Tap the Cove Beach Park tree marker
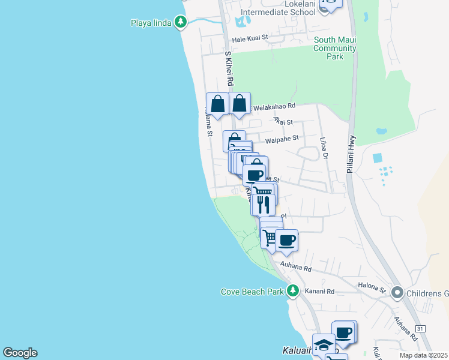pyautogui.click(x=293, y=291)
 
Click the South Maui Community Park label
pyautogui.click(x=335, y=48)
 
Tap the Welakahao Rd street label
pyautogui.click(x=274, y=106)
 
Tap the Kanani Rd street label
pyautogui.click(x=322, y=292)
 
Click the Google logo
pyautogui.click(x=20, y=353)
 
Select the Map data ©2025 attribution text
pyautogui.click(x=423, y=355)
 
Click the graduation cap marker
pyautogui.click(x=324, y=344)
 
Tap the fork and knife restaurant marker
pyautogui.click(x=263, y=205)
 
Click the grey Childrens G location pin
pyautogui.click(x=397, y=293)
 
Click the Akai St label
pyautogui.click(x=283, y=121)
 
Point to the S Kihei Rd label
pyautogui.click(x=229, y=68)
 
